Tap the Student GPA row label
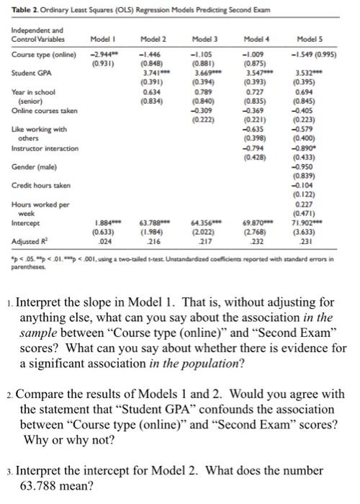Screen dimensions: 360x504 pyautogui.click(x=26, y=73)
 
